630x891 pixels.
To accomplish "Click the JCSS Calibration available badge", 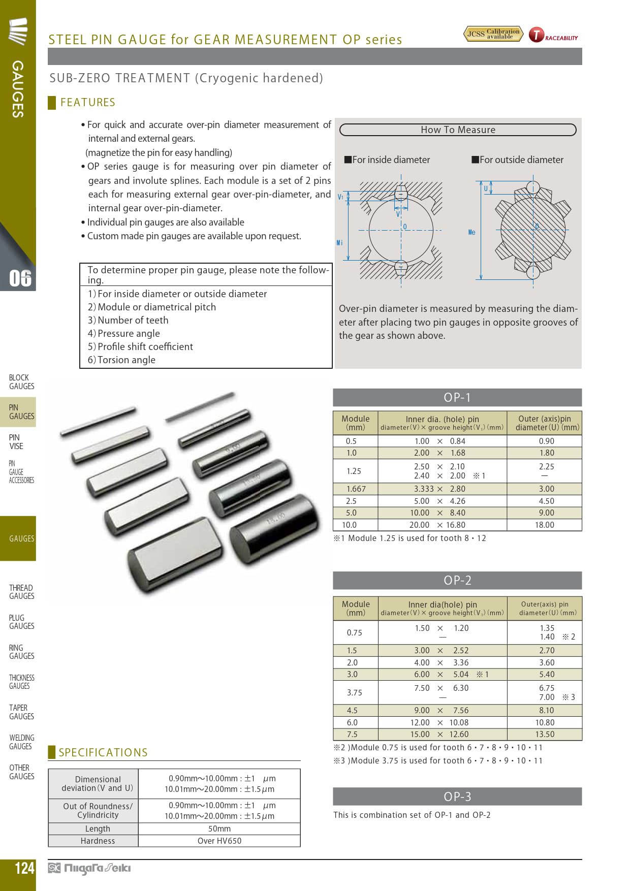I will (x=493, y=34).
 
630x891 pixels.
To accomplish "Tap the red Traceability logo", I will (x=553, y=35).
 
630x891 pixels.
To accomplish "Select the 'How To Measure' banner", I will (x=458, y=130).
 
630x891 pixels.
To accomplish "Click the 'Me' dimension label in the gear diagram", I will (x=471, y=232).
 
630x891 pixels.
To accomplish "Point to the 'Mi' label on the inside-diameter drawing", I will (x=339, y=243).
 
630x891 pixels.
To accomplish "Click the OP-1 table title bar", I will (x=457, y=397).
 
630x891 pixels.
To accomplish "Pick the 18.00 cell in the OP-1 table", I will (x=544, y=525).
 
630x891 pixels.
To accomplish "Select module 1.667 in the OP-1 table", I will (x=356, y=489).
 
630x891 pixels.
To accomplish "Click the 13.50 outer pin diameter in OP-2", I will (x=545, y=735).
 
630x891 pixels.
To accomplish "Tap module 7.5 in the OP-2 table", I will (x=352, y=735).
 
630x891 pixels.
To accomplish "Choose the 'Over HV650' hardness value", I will (x=219, y=841).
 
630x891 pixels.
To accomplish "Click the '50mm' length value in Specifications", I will (x=219, y=829).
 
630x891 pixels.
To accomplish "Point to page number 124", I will (x=24, y=868).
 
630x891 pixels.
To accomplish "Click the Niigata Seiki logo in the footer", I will (x=89, y=868).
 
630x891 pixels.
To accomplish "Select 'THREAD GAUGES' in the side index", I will (x=21, y=592).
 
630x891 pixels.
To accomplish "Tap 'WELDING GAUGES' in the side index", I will (x=21, y=742).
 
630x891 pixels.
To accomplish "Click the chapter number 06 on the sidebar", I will (x=20, y=278).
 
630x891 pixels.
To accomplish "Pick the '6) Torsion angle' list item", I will (x=121, y=360).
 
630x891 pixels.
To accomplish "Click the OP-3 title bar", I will (x=457, y=797).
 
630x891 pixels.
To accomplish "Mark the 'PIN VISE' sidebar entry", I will (x=16, y=442).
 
